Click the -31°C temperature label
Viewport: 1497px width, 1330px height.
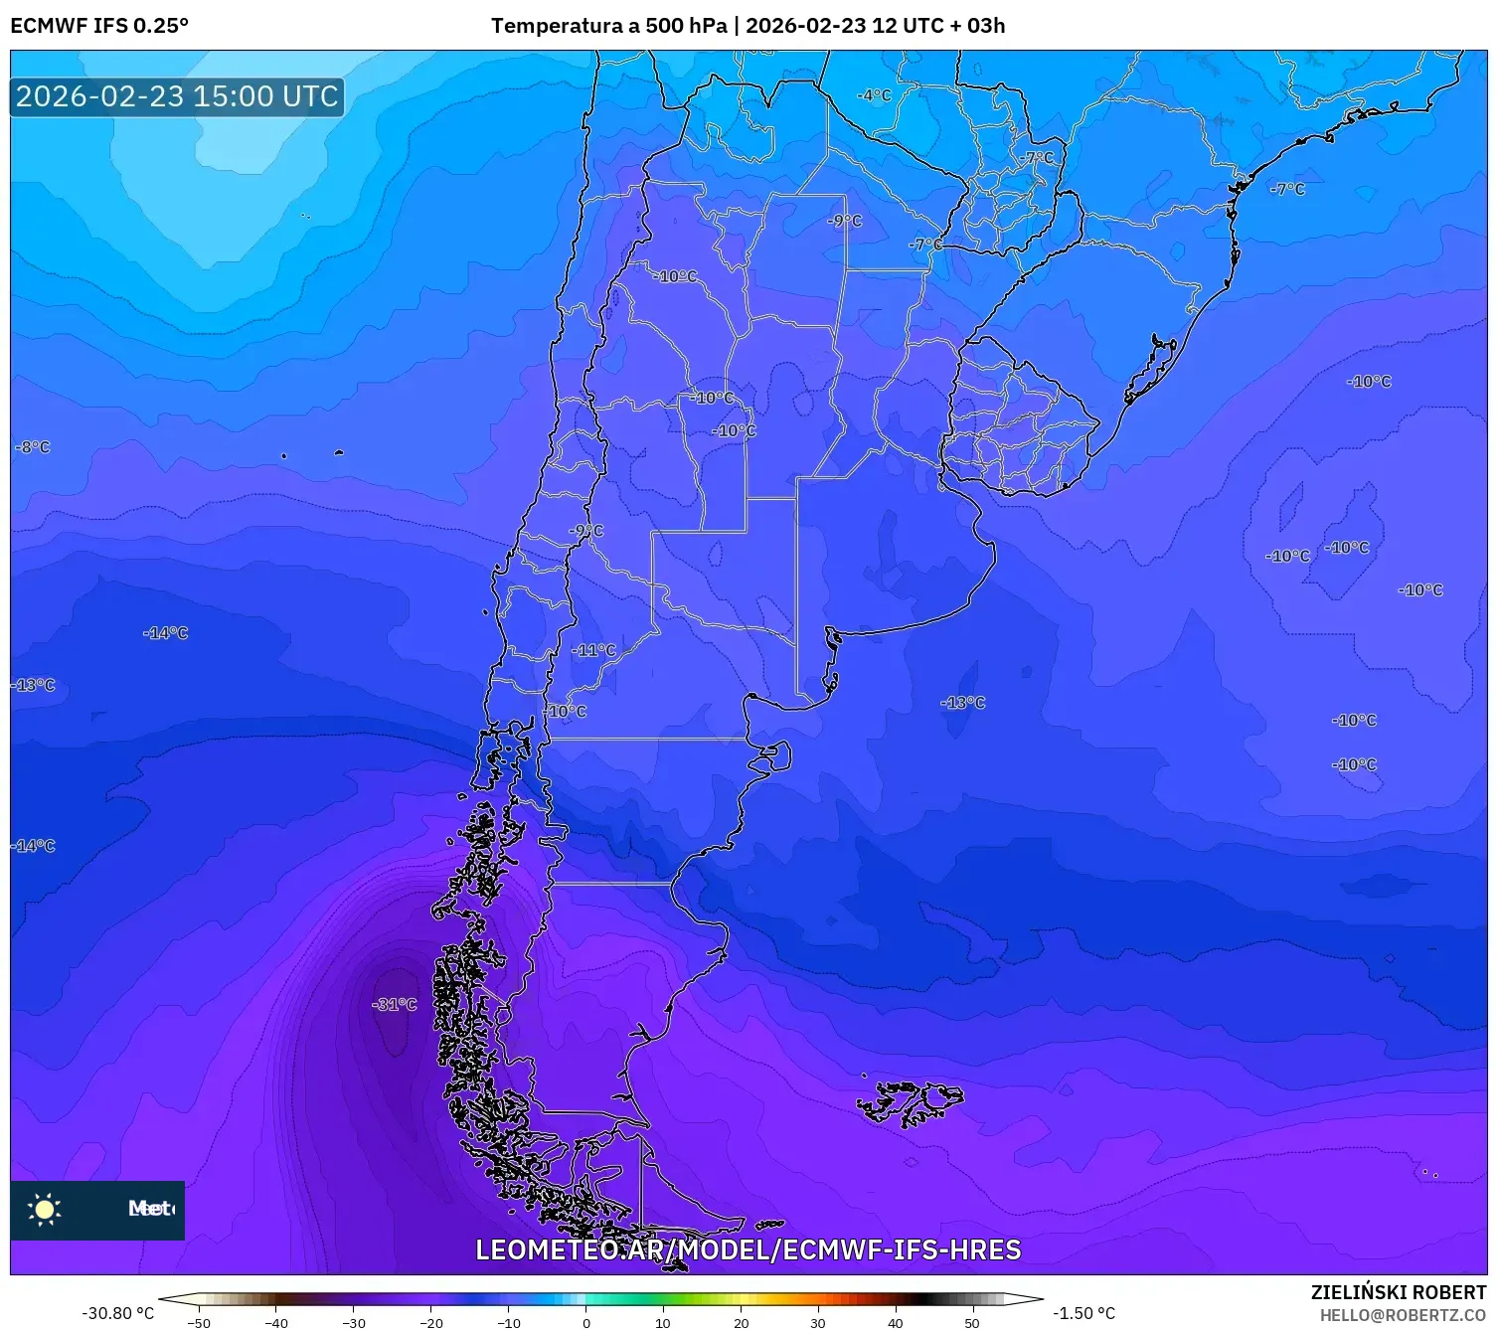[x=395, y=1004]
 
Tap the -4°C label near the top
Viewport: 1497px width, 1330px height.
[x=875, y=95]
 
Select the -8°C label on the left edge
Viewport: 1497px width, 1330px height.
[x=33, y=447]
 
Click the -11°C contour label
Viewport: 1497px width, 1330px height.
[x=594, y=650]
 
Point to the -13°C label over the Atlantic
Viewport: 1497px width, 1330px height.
[x=963, y=703]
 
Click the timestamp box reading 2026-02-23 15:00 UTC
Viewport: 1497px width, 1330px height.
[x=177, y=96]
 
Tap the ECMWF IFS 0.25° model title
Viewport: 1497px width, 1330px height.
[x=99, y=26]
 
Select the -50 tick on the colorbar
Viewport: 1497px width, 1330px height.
[x=199, y=1322]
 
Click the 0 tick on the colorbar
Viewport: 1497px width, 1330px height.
[x=586, y=1322]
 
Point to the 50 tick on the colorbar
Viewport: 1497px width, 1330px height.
[x=972, y=1322]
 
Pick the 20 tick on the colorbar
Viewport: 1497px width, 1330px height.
[x=742, y=1322]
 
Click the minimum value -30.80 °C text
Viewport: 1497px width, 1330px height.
[x=117, y=1313]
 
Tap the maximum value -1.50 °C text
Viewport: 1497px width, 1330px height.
[x=1084, y=1313]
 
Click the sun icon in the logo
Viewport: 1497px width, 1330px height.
[x=45, y=1209]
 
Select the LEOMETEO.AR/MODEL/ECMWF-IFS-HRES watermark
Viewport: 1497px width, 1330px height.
[x=748, y=1249]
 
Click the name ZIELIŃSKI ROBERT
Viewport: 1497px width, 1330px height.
[x=1398, y=1292]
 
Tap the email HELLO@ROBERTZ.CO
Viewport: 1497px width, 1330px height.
[x=1403, y=1315]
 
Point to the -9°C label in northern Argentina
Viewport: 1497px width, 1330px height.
[x=845, y=221]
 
